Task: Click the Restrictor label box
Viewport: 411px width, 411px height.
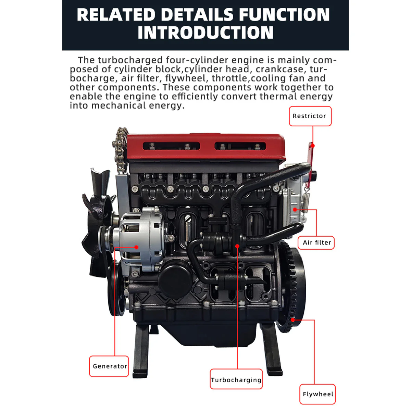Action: click(310, 116)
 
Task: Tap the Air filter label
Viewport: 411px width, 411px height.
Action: click(316, 242)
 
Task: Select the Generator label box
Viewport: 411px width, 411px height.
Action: click(109, 366)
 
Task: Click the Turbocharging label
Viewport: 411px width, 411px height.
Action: click(236, 379)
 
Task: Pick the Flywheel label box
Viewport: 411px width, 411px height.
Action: click(317, 394)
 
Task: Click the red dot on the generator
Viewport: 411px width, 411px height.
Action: click(136, 247)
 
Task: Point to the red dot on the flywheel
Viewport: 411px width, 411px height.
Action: click(293, 320)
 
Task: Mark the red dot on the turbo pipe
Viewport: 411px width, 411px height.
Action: click(237, 246)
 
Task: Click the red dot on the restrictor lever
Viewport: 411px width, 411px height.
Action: click(313, 146)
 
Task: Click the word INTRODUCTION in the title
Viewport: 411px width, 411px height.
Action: click(206, 33)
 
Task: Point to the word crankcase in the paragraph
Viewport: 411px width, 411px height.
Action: click(279, 69)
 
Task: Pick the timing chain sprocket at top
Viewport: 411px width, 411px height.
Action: click(122, 137)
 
